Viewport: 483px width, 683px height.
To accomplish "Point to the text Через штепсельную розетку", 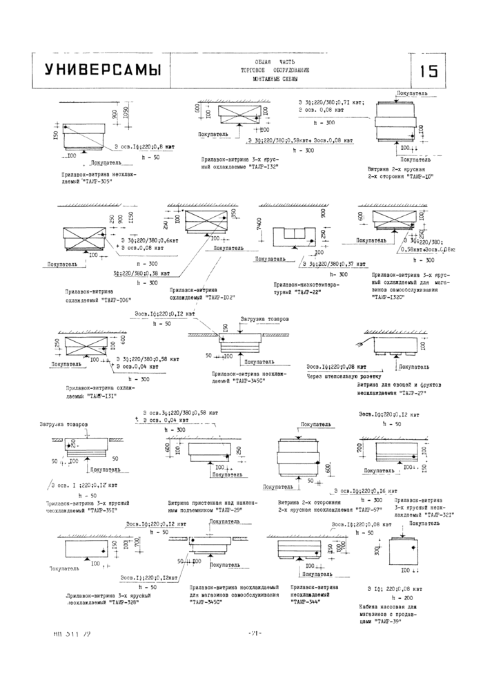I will coord(337,376).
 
